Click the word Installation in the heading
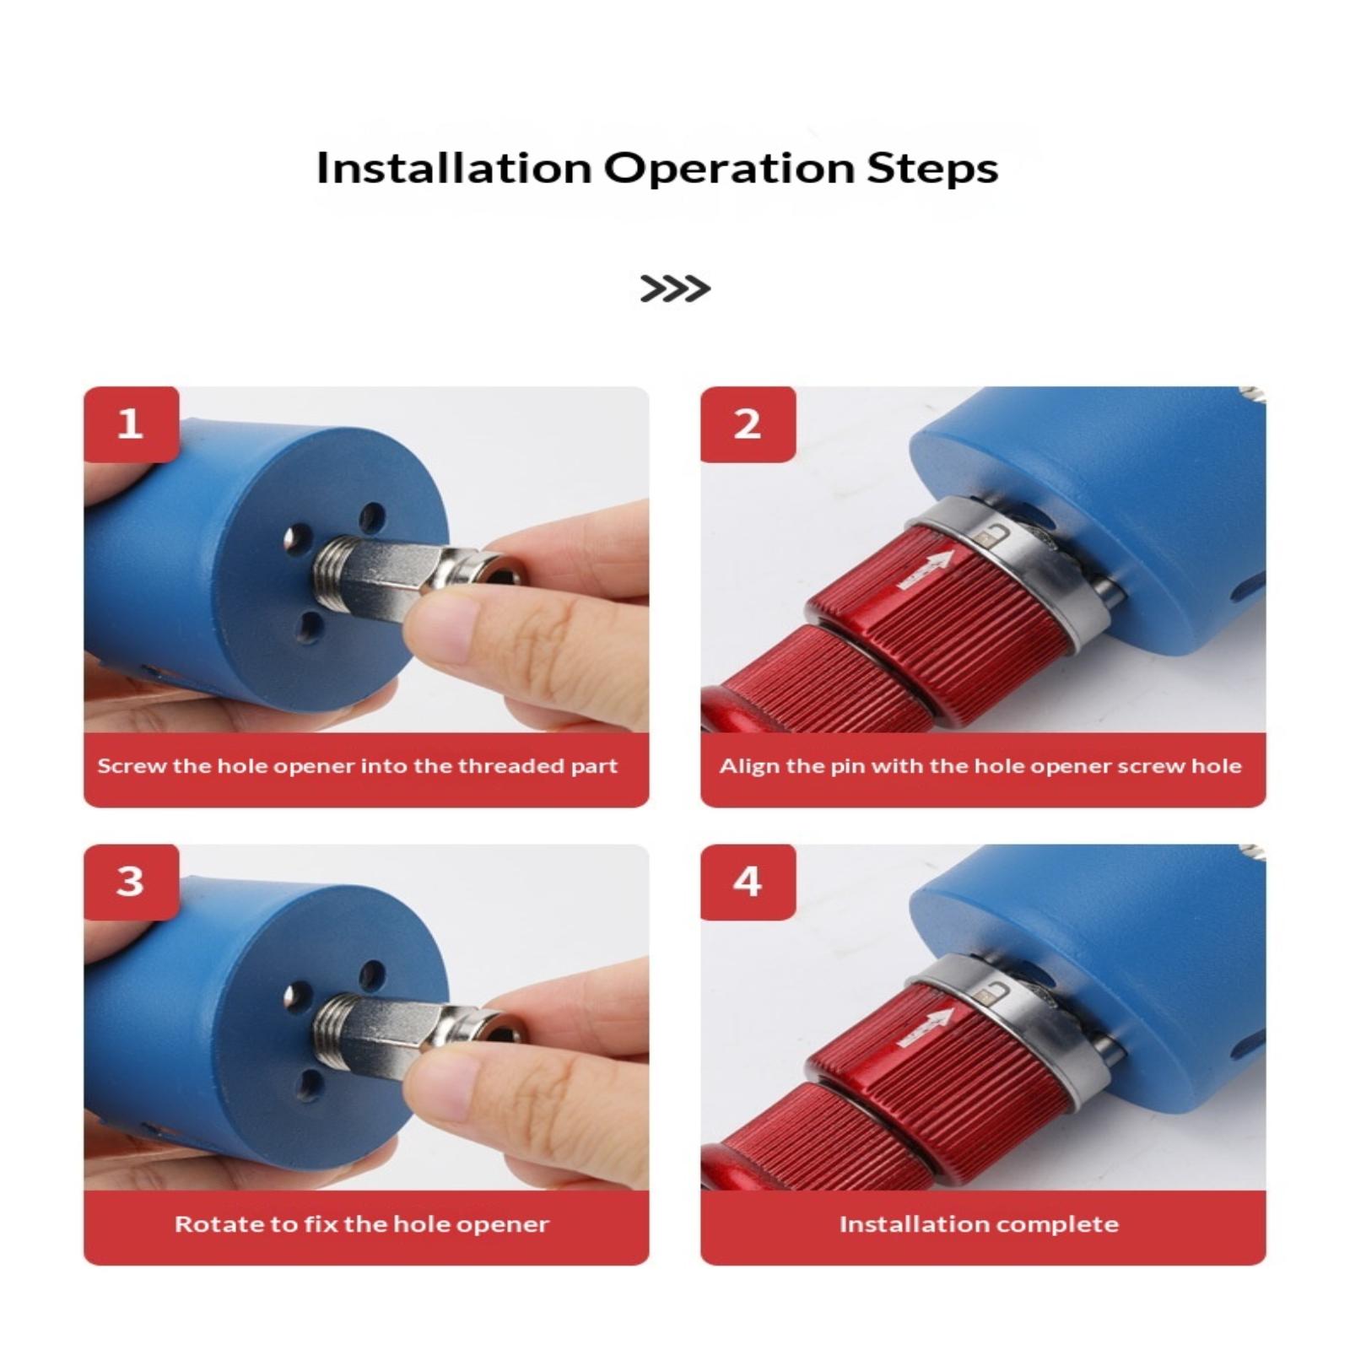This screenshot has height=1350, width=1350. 454,167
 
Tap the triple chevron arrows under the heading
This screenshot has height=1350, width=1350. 675,289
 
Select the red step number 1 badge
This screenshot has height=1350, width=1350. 131,424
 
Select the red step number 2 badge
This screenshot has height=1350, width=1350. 748,424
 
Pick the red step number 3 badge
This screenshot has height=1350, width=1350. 131,882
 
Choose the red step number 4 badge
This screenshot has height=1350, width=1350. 748,882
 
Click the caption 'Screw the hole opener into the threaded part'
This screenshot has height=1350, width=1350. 358,767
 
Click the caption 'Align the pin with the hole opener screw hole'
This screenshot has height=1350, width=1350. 980,767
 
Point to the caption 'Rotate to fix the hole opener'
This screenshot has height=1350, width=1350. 362,1224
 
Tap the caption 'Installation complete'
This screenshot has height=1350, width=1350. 979,1224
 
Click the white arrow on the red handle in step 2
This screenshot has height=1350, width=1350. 926,571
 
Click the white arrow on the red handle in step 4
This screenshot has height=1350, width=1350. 926,1029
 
